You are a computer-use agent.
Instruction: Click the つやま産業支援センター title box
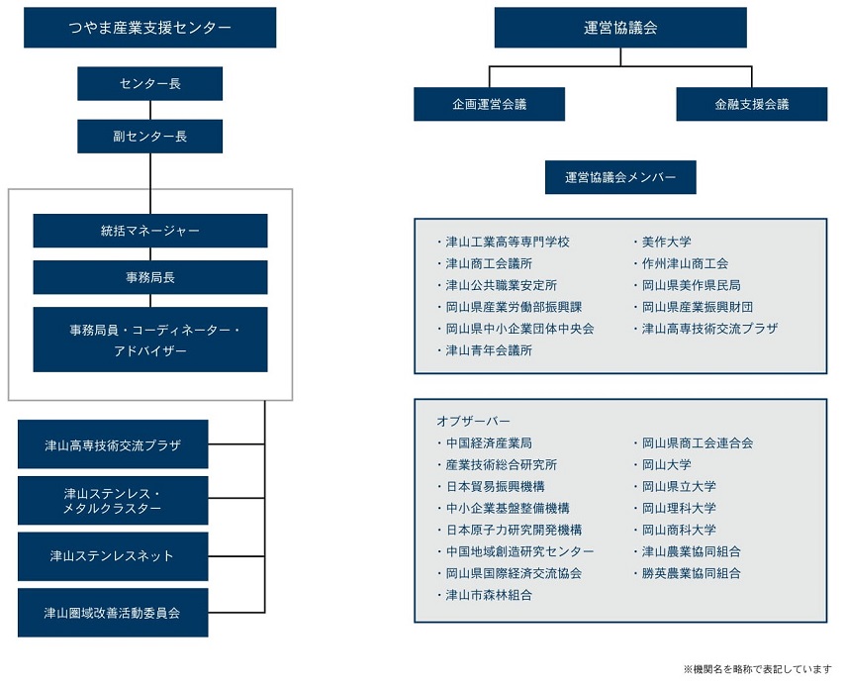149,28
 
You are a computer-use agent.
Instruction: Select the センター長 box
149,83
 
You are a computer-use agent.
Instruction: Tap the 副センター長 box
149,137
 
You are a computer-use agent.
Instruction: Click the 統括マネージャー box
150,231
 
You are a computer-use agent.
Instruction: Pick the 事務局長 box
150,277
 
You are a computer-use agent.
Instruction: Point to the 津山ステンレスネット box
113,556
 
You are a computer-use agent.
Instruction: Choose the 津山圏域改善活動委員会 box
113,613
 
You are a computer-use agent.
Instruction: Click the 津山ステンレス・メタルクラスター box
113,501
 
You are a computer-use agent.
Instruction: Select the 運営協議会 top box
620,28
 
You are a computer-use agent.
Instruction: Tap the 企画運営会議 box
490,104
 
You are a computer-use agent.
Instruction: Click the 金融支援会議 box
752,104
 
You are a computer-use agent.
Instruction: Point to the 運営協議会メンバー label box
620,177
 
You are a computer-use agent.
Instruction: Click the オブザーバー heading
473,421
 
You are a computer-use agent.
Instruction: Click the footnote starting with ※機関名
758,669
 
